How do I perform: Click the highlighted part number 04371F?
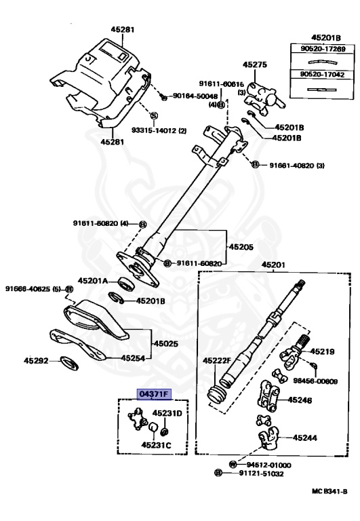pyautogui.click(x=154, y=393)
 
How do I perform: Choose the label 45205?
pyautogui.click(x=241, y=247)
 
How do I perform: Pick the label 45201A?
pyautogui.click(x=94, y=280)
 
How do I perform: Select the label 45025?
pyautogui.click(x=165, y=344)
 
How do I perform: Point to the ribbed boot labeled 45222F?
pyautogui.click(x=219, y=397)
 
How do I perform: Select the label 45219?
pyautogui.click(x=323, y=351)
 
